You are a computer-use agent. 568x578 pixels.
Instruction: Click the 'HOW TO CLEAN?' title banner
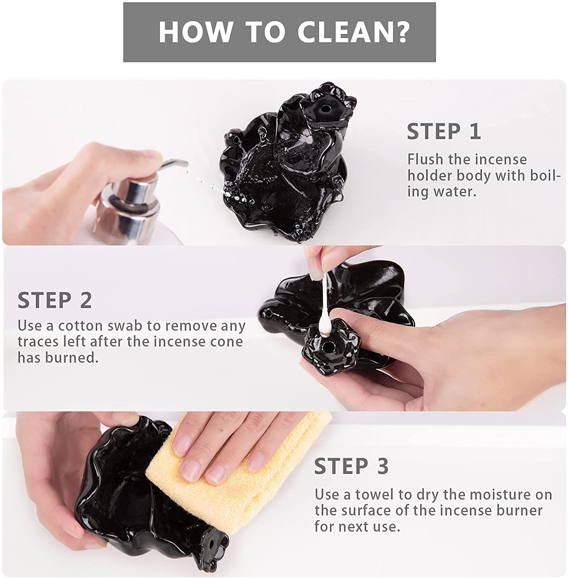pyautogui.click(x=279, y=32)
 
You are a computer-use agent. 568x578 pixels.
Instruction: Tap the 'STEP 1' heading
pyautogui.click(x=444, y=132)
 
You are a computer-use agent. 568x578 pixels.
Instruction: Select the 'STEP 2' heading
pyautogui.click(x=55, y=300)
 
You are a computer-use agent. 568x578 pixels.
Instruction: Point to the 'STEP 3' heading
pyautogui.click(x=351, y=466)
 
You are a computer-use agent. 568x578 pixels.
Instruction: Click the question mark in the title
pyautogui.click(x=401, y=32)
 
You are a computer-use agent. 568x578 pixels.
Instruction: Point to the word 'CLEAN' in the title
pyautogui.click(x=344, y=32)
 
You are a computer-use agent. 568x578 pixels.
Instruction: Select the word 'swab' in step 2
pyautogui.click(x=125, y=326)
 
